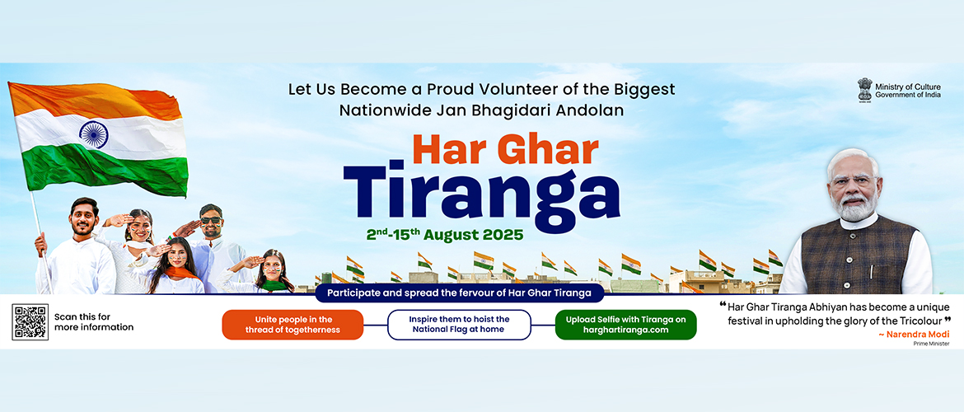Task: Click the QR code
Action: pos(30,321)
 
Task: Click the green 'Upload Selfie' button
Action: pos(625,325)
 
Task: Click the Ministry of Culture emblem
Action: pos(864,89)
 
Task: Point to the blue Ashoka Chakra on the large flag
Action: pos(93,133)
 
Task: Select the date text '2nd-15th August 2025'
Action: pos(445,234)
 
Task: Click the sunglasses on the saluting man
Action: pos(211,220)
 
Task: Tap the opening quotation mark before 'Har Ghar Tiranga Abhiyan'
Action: pos(711,304)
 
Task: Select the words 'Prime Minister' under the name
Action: pos(931,344)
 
